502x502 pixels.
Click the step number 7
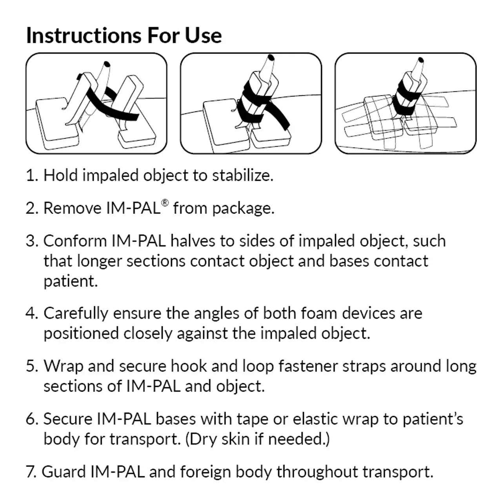tap(31, 472)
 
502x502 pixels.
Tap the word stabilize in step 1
tap(242, 175)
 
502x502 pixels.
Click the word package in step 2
tap(243, 208)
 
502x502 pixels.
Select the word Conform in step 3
tap(75, 241)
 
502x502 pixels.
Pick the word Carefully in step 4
tap(76, 313)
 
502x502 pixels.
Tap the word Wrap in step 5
tap(63, 366)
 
